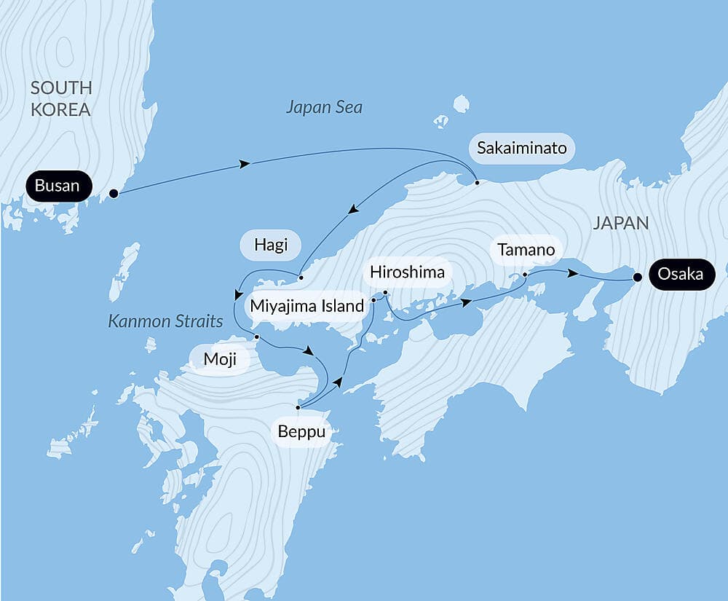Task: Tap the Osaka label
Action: click(x=680, y=275)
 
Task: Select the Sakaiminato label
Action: click(x=521, y=149)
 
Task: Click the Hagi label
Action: click(x=271, y=245)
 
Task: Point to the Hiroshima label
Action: click(x=407, y=272)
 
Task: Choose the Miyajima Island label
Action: click(x=306, y=306)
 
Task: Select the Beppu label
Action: click(x=301, y=431)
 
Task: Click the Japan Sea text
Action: click(x=324, y=108)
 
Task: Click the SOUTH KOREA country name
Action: click(x=61, y=99)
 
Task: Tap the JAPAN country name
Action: click(x=620, y=223)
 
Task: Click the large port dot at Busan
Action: click(x=114, y=194)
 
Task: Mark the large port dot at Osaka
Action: click(x=638, y=278)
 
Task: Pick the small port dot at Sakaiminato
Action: click(x=477, y=182)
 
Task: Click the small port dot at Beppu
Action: click(x=298, y=407)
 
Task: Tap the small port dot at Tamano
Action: click(x=525, y=275)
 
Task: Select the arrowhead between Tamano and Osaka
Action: click(x=574, y=275)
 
